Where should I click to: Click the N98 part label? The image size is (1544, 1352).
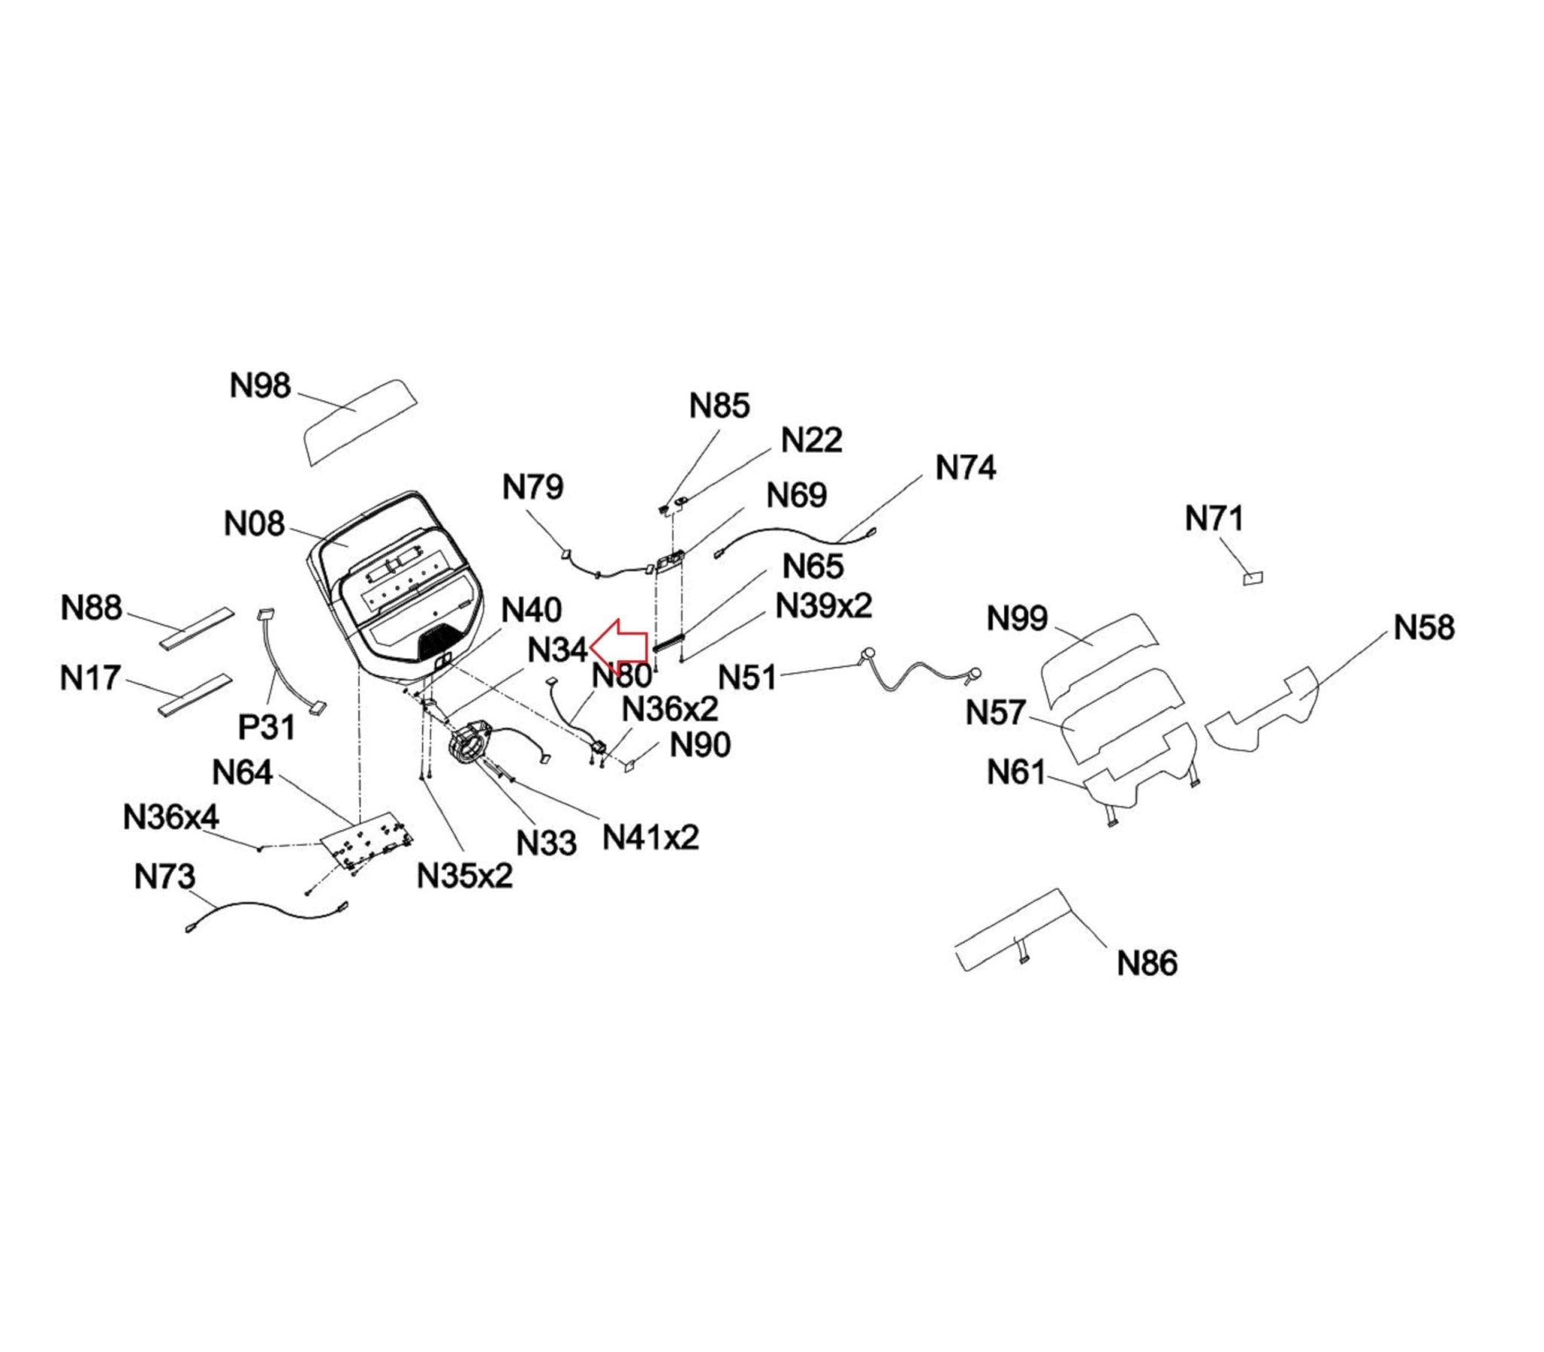point(259,387)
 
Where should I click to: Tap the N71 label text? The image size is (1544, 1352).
point(1215,519)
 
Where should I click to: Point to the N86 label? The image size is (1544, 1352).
point(1147,963)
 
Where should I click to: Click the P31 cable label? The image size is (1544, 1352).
point(266,727)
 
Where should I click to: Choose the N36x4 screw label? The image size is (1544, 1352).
point(171,817)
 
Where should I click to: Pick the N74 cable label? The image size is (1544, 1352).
point(965,468)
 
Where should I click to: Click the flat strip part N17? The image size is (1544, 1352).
point(193,695)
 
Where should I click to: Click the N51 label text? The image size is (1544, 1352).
point(747,678)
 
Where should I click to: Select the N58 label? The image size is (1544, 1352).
point(1424,628)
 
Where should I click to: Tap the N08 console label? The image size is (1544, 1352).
point(254,524)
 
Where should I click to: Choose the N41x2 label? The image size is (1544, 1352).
point(651,837)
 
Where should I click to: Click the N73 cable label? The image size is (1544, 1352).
point(164,876)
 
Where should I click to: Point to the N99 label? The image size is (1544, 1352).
point(1017,619)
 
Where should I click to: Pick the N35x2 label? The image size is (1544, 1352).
point(465,875)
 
